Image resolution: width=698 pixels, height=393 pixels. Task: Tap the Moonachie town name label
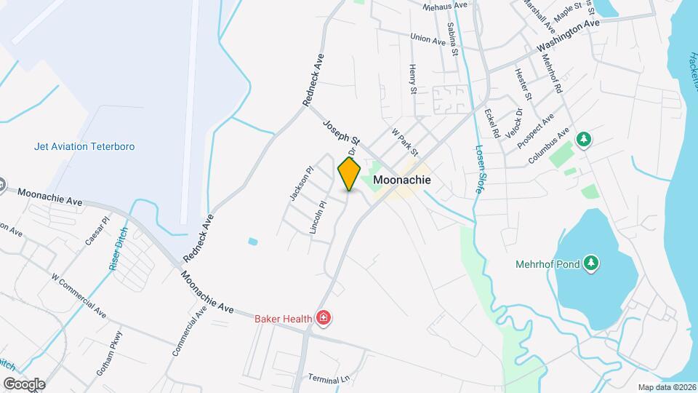(x=402, y=180)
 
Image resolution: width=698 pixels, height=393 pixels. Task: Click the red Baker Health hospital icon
(x=324, y=318)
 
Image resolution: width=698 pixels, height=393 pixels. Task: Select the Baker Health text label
(x=283, y=319)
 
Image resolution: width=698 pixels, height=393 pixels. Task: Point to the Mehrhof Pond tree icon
(x=593, y=263)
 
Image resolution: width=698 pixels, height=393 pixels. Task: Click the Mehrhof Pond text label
(x=547, y=264)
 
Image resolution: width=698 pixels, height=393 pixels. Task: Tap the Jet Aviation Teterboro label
(x=84, y=146)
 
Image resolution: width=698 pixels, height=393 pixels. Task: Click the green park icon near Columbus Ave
(x=582, y=138)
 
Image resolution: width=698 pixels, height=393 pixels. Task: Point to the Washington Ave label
(x=569, y=36)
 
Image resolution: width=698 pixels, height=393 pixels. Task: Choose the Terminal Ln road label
(x=329, y=378)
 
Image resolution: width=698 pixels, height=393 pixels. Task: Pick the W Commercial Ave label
(x=76, y=298)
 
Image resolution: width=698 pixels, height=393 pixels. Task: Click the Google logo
(x=24, y=384)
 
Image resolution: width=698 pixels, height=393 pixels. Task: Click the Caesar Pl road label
(x=95, y=230)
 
